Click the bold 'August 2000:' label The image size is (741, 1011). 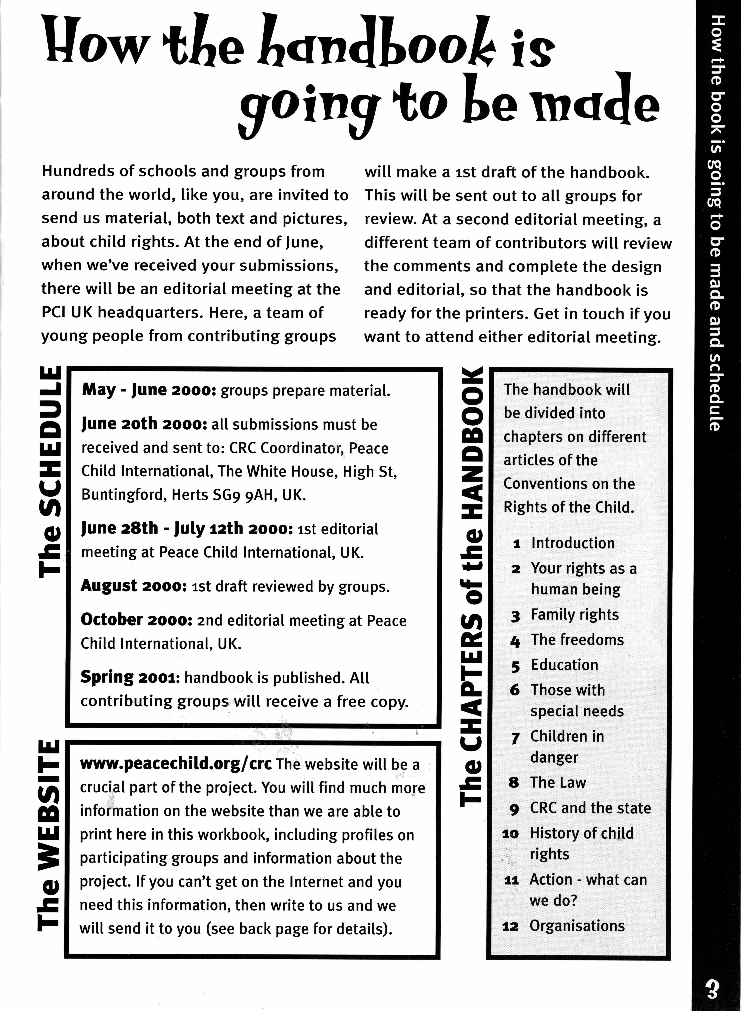click(133, 586)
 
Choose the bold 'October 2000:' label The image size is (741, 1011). click(136, 620)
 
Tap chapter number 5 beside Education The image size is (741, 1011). click(515, 666)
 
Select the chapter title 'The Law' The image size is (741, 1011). click(558, 782)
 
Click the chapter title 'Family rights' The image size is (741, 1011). click(575, 615)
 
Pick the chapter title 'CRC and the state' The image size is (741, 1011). click(590, 808)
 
